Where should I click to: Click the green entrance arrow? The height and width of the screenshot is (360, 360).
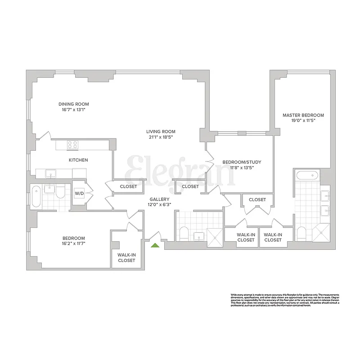[155, 245]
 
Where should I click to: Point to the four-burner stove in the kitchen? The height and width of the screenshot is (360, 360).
[72, 145]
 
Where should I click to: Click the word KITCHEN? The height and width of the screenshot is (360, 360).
[78, 160]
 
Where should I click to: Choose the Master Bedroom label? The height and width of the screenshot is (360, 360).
[303, 115]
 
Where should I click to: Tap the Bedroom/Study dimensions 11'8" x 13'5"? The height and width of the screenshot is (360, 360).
[242, 168]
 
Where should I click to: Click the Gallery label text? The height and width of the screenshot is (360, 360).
[160, 199]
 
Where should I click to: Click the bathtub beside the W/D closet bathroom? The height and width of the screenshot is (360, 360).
[36, 197]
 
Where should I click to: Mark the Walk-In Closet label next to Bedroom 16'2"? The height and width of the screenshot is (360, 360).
[126, 257]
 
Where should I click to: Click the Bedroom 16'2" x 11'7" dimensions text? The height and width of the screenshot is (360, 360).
[73, 243]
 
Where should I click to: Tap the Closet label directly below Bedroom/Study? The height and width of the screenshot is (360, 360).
[257, 199]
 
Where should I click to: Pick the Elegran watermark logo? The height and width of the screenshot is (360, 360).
[180, 171]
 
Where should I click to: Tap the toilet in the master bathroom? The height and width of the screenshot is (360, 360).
[302, 234]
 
